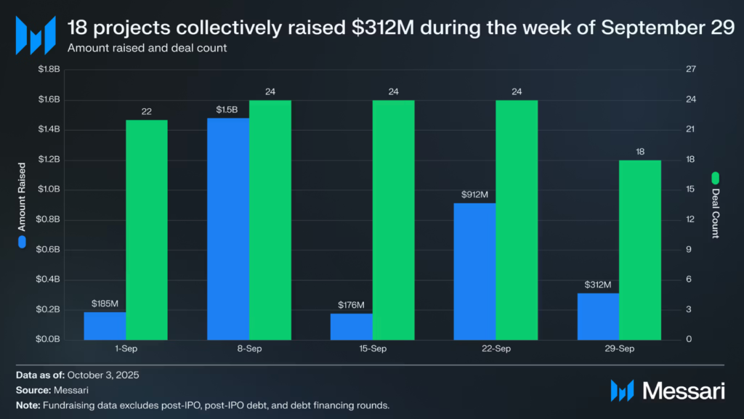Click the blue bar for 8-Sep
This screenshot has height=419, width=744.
(x=227, y=229)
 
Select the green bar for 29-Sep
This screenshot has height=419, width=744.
(x=640, y=250)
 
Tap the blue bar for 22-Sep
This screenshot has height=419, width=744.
(x=474, y=272)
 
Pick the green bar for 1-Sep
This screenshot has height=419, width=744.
(x=147, y=229)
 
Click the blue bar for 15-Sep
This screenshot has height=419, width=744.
(x=351, y=327)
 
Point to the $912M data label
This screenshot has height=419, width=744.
(x=474, y=195)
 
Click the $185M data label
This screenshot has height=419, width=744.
(x=105, y=304)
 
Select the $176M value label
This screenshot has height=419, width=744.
(x=351, y=305)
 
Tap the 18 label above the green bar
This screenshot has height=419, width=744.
(x=640, y=152)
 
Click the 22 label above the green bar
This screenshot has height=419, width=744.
(x=147, y=111)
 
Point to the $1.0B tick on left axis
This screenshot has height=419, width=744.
(x=52, y=190)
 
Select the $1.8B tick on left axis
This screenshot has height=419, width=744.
(x=52, y=70)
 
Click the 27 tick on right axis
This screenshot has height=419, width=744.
(x=691, y=70)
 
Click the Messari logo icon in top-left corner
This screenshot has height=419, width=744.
(x=36, y=35)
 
